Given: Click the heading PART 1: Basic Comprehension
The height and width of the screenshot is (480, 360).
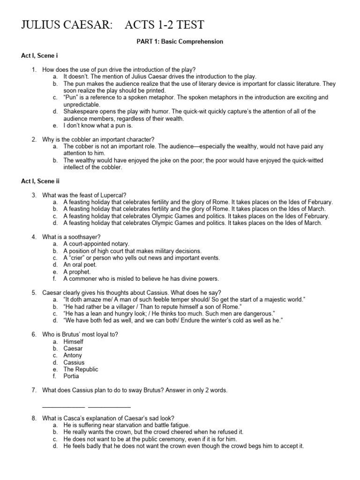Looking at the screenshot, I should [x=180, y=42].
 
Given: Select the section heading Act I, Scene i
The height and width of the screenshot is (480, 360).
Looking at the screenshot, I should [x=39, y=56].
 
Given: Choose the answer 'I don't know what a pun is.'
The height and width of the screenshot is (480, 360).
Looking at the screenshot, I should [x=98, y=126].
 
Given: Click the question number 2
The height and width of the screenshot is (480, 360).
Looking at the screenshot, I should [x=34, y=139].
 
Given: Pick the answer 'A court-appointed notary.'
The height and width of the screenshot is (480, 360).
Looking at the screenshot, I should [x=96, y=244].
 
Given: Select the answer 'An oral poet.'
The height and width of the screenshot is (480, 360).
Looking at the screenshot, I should [x=80, y=265].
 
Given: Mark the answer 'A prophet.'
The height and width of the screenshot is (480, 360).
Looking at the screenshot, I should [x=77, y=272].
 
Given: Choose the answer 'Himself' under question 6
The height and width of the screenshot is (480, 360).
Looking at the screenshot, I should [x=74, y=342].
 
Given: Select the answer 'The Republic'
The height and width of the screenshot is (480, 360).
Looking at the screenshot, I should [x=81, y=369].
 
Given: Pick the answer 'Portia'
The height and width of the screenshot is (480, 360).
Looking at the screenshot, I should [x=71, y=376].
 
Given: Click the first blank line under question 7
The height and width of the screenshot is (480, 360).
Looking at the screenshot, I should [x=63, y=406].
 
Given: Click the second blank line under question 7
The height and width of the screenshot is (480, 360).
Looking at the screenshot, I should [x=109, y=406].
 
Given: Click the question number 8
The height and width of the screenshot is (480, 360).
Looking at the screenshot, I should [x=34, y=418].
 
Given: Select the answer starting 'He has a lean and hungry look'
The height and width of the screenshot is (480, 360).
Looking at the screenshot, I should [x=169, y=313].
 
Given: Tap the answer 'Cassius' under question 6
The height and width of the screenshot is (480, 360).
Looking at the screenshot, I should [x=74, y=362].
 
